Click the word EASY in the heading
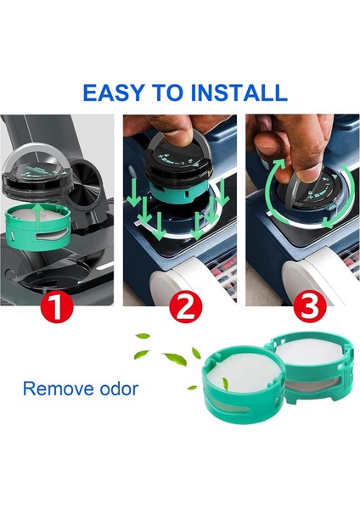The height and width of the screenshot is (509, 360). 113,92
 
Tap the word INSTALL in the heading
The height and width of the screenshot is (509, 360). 239,92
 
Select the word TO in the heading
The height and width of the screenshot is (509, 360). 167,92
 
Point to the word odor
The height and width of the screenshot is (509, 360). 119,389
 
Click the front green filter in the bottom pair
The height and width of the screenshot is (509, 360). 244,384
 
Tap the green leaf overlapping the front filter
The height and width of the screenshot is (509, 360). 225,383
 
